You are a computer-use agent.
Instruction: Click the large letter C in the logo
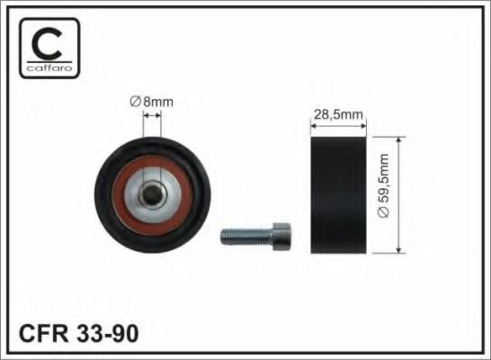[x=46, y=43]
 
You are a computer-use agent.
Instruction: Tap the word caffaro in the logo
[x=49, y=68]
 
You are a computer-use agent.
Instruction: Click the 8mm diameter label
[x=152, y=102]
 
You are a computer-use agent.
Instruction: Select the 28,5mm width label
[x=338, y=114]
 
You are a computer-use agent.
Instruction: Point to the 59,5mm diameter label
[x=383, y=185]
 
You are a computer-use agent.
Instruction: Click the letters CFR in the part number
[x=43, y=333]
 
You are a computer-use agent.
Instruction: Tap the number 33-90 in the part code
[x=107, y=333]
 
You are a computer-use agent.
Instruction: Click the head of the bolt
[x=282, y=237]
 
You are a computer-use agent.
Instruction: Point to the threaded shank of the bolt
[x=246, y=237]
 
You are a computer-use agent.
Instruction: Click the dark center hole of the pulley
[x=153, y=194]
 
